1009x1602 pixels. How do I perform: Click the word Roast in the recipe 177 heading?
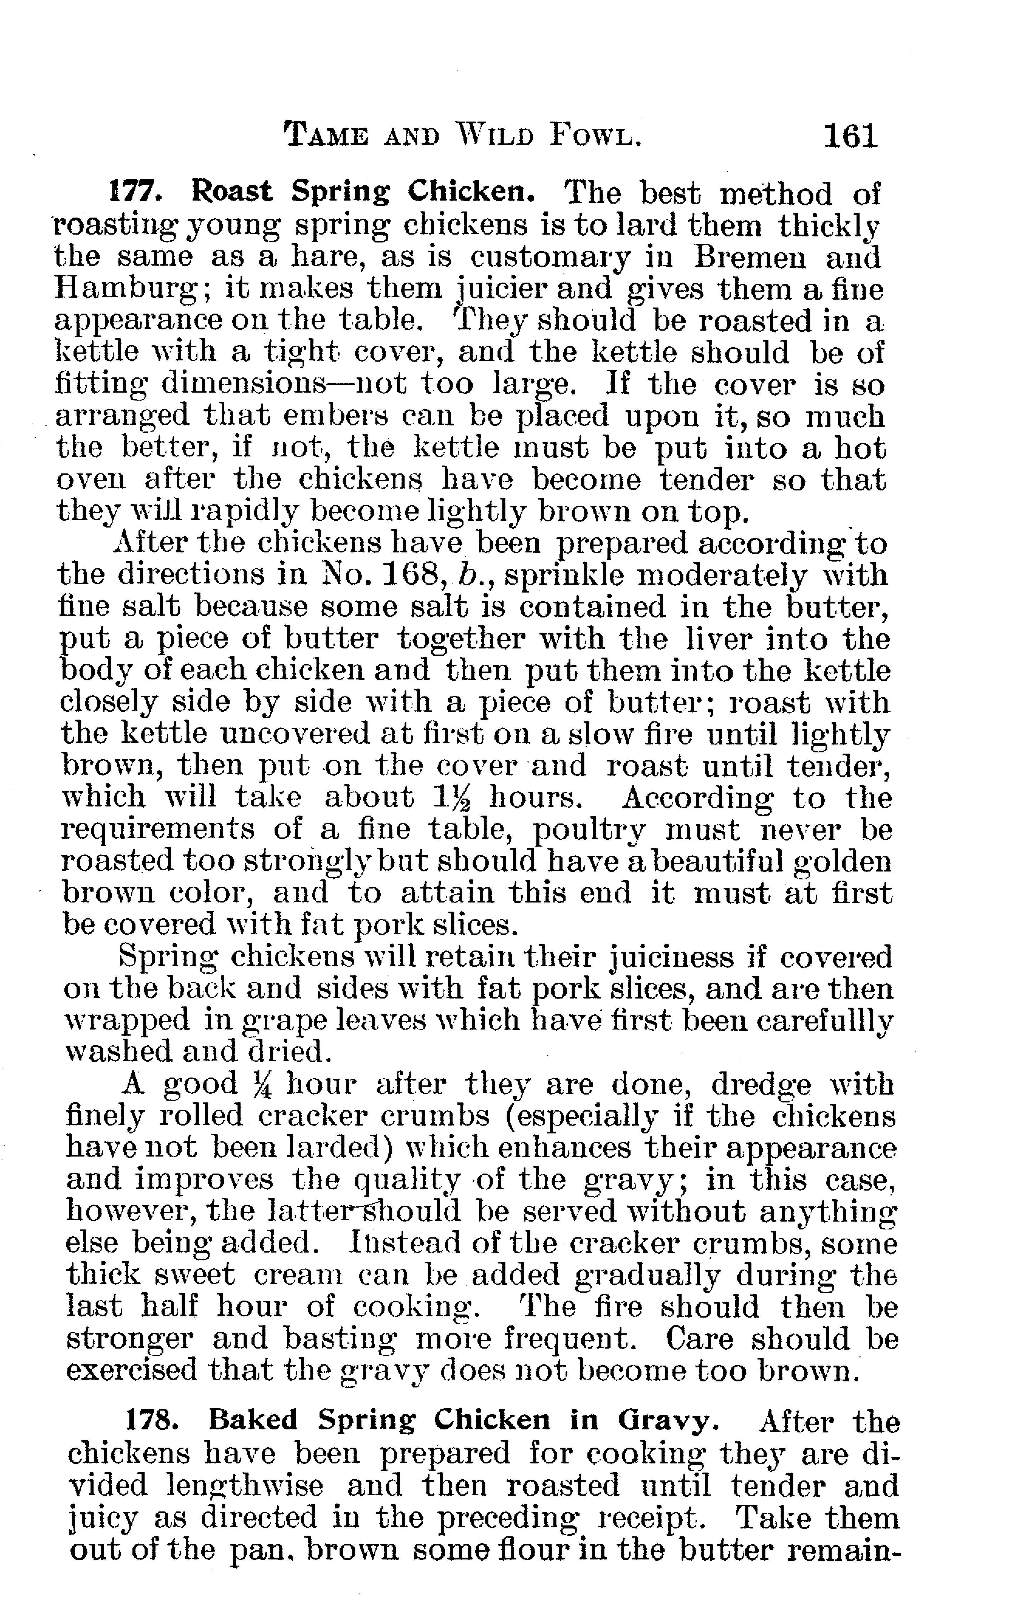pos(231,193)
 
